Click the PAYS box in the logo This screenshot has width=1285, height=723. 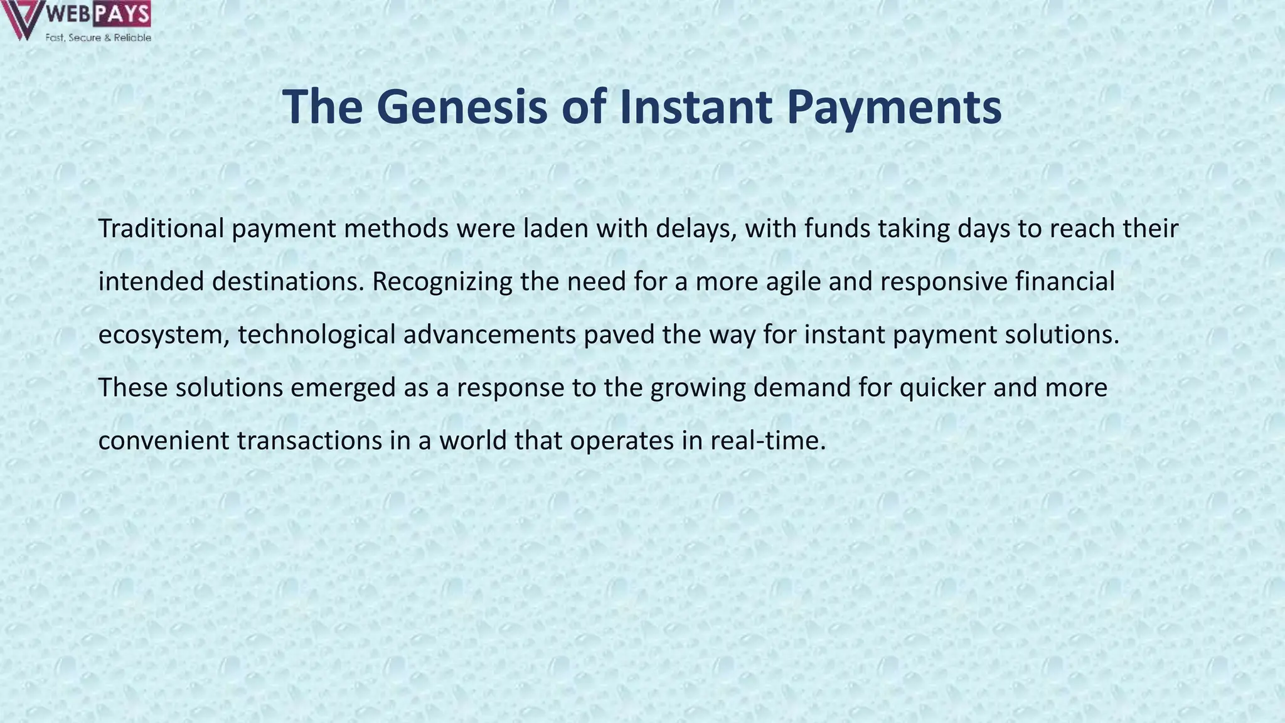(122, 14)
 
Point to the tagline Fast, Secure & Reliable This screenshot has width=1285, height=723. (98, 38)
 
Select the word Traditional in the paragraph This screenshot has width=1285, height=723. (161, 228)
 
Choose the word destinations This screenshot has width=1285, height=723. (287, 282)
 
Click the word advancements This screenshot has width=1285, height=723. (489, 335)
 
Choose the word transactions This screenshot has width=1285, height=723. (309, 441)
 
